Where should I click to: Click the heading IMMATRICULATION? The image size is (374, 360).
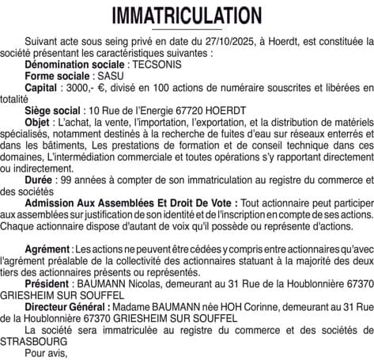(x=187, y=16)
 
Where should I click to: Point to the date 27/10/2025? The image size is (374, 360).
(x=209, y=39)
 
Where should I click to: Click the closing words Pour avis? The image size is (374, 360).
(x=47, y=352)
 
